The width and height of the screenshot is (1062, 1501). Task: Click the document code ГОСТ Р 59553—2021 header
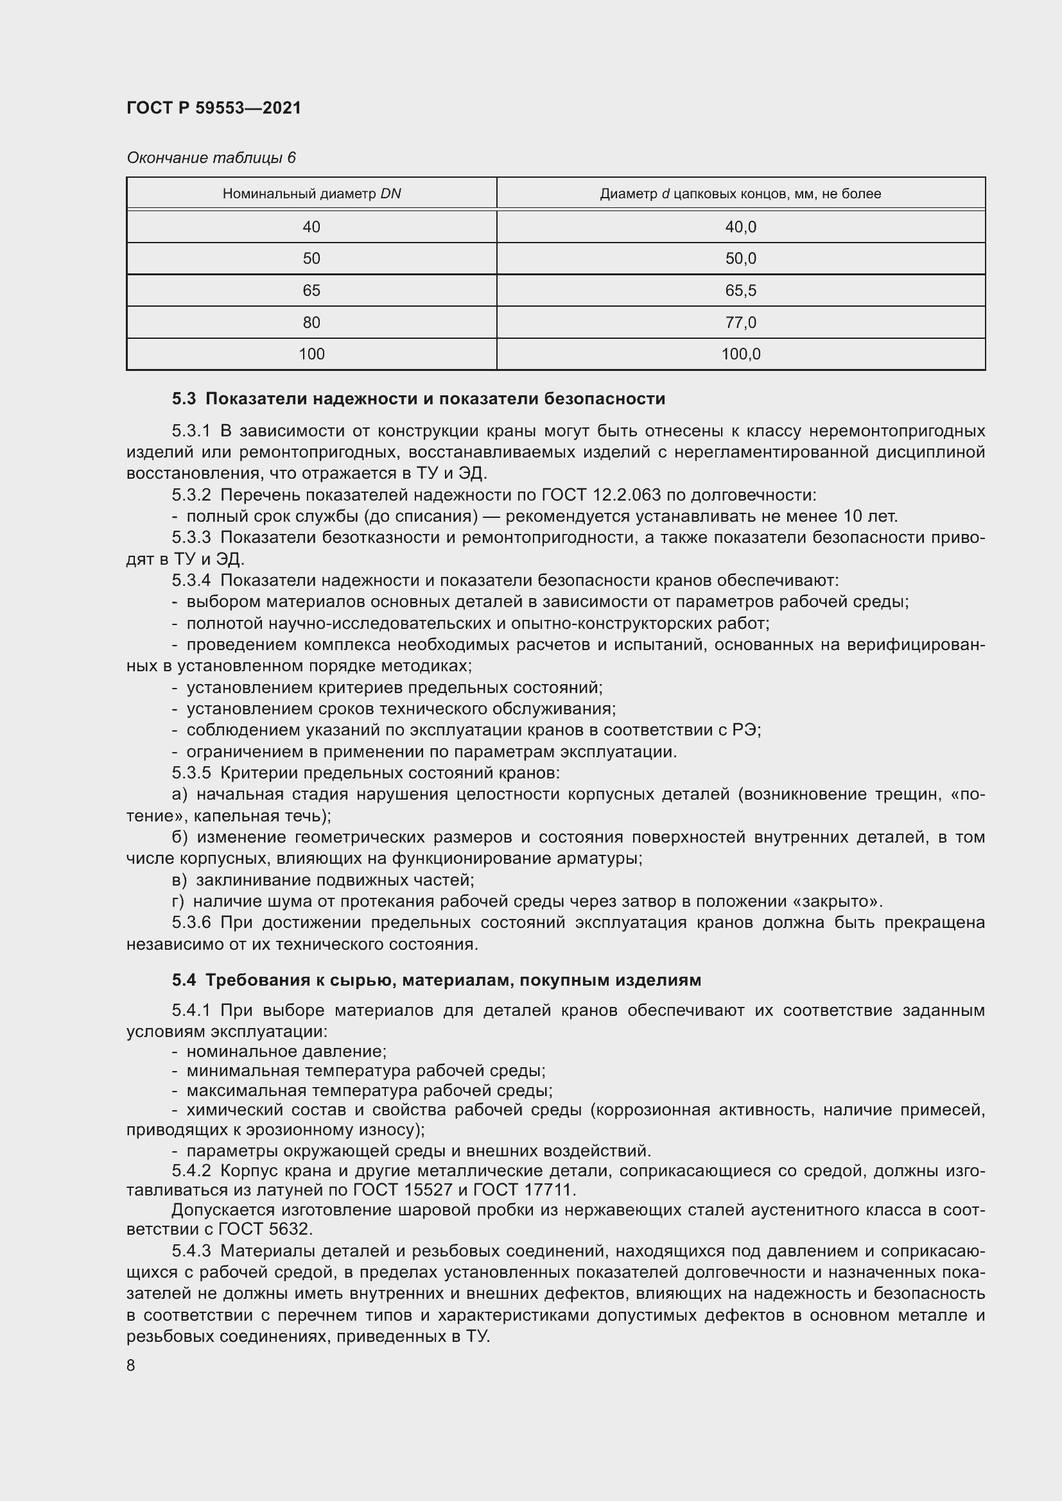214,108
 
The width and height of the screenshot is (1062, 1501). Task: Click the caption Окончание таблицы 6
211,158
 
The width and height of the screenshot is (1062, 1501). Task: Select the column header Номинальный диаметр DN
311,194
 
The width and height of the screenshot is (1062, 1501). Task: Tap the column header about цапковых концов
740,194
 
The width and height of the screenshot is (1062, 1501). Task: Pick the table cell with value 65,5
740,290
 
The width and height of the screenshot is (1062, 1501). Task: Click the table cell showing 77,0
740,322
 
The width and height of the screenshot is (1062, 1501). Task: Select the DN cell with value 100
311,354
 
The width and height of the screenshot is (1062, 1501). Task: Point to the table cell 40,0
740,227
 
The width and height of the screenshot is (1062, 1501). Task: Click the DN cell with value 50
311,258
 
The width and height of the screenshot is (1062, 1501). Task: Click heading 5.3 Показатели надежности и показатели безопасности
419,398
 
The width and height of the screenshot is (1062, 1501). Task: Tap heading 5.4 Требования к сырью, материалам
436,980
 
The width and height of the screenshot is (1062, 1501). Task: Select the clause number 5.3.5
191,773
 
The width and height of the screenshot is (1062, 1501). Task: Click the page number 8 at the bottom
131,1365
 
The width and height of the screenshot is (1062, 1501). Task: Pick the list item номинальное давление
286,1052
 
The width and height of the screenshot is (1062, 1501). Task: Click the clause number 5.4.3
191,1251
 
